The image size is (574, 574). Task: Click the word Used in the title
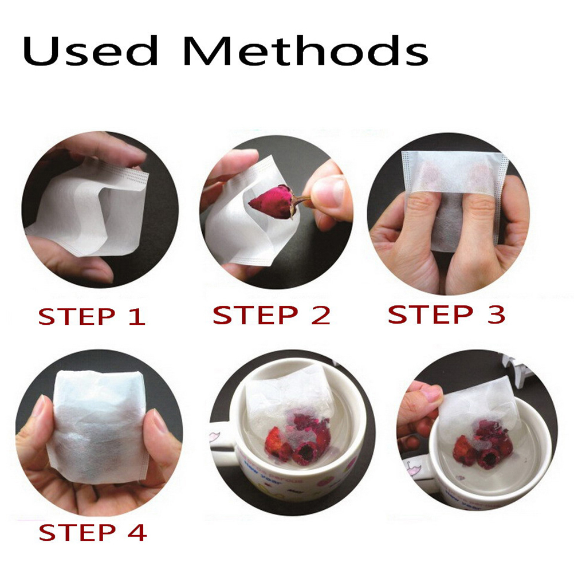pyautogui.click(x=91, y=50)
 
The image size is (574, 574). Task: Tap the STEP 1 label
pyautogui.click(x=92, y=317)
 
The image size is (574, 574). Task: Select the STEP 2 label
pyautogui.click(x=272, y=315)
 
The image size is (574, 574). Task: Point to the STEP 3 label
pyautogui.click(x=447, y=314)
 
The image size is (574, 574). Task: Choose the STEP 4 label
pyautogui.click(x=93, y=532)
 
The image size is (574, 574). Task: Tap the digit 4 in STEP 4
pyautogui.click(x=137, y=532)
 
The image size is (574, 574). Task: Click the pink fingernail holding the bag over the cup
pyautogui.click(x=432, y=394)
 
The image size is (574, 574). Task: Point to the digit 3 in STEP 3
pyautogui.click(x=496, y=314)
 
